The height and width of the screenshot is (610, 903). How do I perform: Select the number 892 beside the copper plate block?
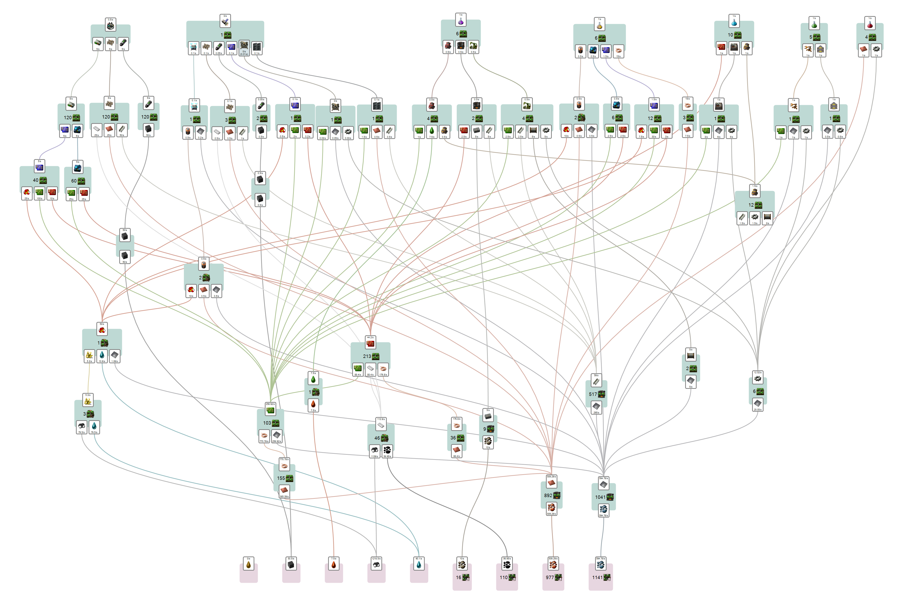548,495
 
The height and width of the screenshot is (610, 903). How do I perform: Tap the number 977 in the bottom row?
549,577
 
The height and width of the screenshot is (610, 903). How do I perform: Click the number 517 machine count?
592,394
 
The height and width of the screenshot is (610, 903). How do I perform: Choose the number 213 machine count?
367,356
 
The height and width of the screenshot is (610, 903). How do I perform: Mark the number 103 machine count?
267,423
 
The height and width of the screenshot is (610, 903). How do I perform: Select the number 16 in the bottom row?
459,577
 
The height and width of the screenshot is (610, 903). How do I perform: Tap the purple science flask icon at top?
461,21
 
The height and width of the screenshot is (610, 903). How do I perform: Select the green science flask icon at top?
814,24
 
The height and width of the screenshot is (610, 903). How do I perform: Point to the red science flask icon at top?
870,24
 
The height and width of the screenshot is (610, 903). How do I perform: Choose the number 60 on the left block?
74,181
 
